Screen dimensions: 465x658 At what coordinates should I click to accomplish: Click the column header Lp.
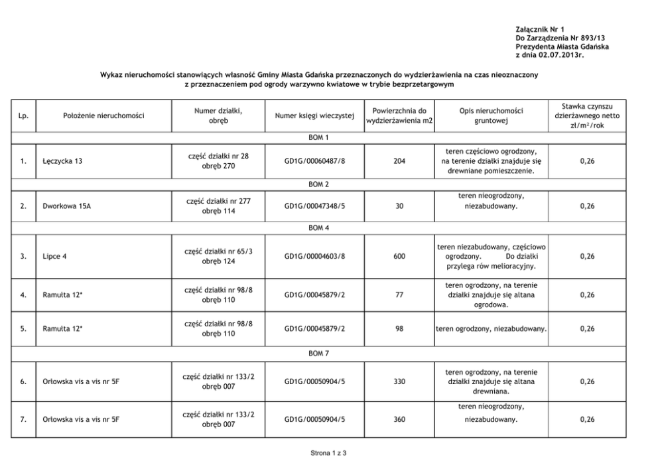coord(23,116)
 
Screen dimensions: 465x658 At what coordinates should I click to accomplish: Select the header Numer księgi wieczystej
coord(314,116)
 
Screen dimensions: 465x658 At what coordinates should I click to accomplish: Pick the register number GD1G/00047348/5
coord(314,206)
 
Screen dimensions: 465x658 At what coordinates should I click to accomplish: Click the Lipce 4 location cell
coord(55,257)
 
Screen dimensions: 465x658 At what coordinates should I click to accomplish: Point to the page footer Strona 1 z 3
coord(328,453)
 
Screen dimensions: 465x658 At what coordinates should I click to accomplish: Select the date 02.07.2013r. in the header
coord(562,55)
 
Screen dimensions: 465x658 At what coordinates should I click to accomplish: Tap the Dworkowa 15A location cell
coord(67,206)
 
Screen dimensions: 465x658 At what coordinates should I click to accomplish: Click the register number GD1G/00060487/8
coord(314,161)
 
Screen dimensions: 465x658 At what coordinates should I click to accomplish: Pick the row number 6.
coord(23,381)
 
